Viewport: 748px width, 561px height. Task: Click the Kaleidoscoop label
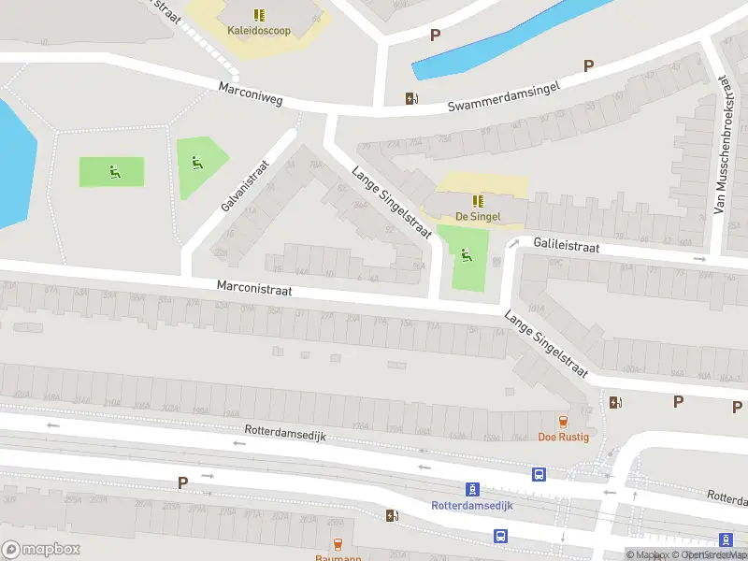coord(259,30)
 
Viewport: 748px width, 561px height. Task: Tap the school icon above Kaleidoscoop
coord(259,14)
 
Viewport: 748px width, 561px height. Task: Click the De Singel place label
coord(477,216)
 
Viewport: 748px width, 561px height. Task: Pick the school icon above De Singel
coord(477,200)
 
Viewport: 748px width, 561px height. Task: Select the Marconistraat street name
coord(254,290)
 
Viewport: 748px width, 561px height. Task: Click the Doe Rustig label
coord(563,438)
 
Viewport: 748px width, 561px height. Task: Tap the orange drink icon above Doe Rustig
coord(563,422)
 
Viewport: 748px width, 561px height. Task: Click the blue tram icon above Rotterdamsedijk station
coord(473,489)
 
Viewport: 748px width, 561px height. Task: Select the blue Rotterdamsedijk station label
coord(472,505)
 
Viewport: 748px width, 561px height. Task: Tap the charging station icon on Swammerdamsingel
coord(410,98)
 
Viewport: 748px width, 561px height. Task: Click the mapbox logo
coord(41,549)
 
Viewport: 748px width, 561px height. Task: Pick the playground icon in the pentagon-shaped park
coord(196,163)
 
